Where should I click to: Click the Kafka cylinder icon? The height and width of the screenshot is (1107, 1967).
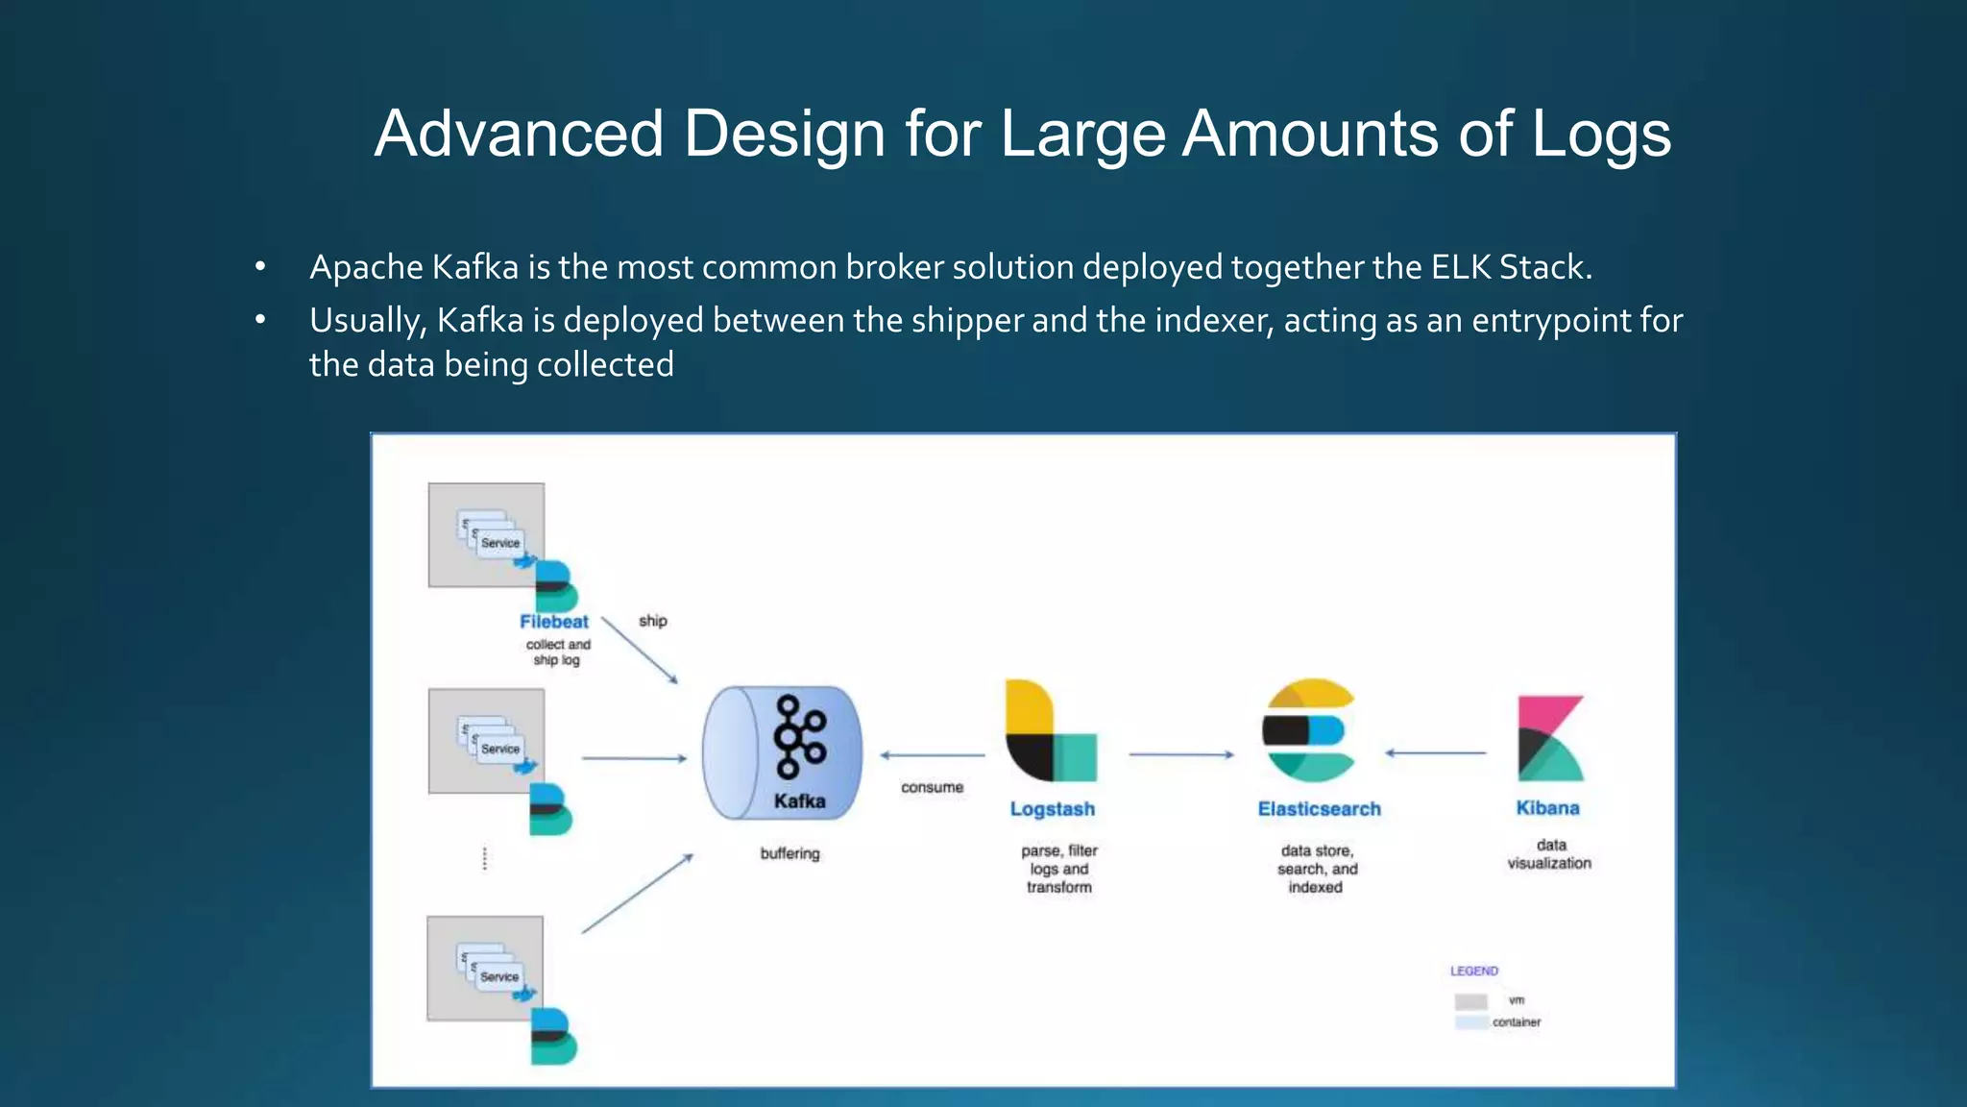pyautogui.click(x=781, y=752)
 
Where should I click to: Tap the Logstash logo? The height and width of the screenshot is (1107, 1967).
pyautogui.click(x=1051, y=730)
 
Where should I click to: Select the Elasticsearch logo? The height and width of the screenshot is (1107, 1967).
pyautogui.click(x=1309, y=730)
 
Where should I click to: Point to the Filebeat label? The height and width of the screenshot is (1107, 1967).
pyautogui.click(x=553, y=622)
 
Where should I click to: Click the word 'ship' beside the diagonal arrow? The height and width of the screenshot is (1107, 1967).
pyautogui.click(x=653, y=621)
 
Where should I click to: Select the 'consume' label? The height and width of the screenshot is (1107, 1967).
pyautogui.click(x=932, y=787)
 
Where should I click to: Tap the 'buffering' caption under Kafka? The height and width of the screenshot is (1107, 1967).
pyautogui.click(x=789, y=853)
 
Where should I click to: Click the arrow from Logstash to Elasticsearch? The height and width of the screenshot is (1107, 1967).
pyautogui.click(x=1180, y=755)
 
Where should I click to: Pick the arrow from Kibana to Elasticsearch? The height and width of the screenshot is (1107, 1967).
pyautogui.click(x=1435, y=753)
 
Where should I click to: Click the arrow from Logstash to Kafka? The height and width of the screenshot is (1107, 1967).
pyautogui.click(x=932, y=755)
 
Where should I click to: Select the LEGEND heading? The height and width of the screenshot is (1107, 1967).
pyautogui.click(x=1473, y=971)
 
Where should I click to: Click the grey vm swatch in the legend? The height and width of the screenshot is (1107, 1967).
pyautogui.click(x=1470, y=1001)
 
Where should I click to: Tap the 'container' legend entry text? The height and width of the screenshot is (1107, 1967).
pyautogui.click(x=1517, y=1022)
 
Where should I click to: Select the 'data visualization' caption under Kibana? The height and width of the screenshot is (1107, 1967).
pyautogui.click(x=1549, y=854)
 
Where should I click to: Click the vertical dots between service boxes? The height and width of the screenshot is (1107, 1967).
pyautogui.click(x=485, y=858)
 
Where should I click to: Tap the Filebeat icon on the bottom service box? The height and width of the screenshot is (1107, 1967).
pyautogui.click(x=553, y=1036)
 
